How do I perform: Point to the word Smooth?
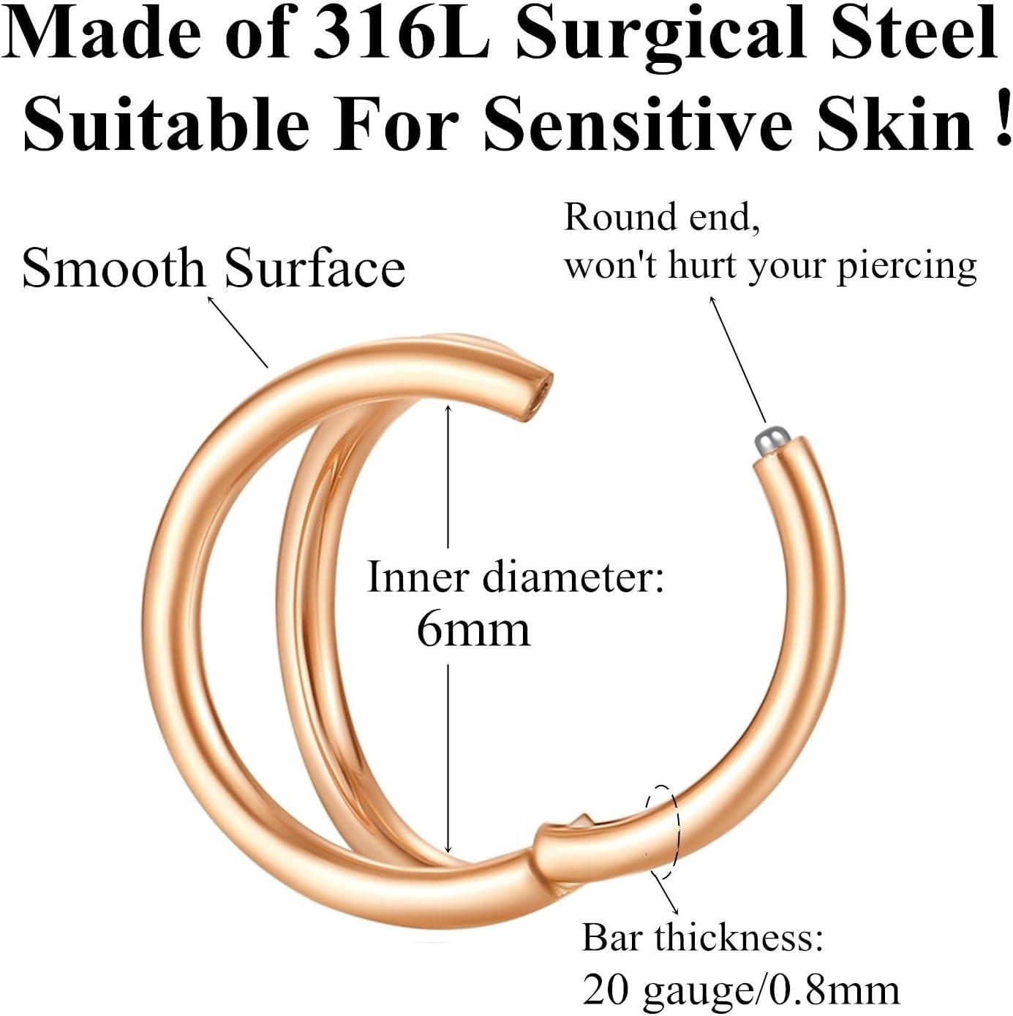(x=113, y=268)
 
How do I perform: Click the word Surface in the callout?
(x=315, y=268)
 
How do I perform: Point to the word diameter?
(x=573, y=577)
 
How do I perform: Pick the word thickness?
(x=739, y=937)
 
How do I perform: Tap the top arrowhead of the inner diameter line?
(x=448, y=409)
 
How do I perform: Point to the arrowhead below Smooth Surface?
(x=211, y=300)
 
